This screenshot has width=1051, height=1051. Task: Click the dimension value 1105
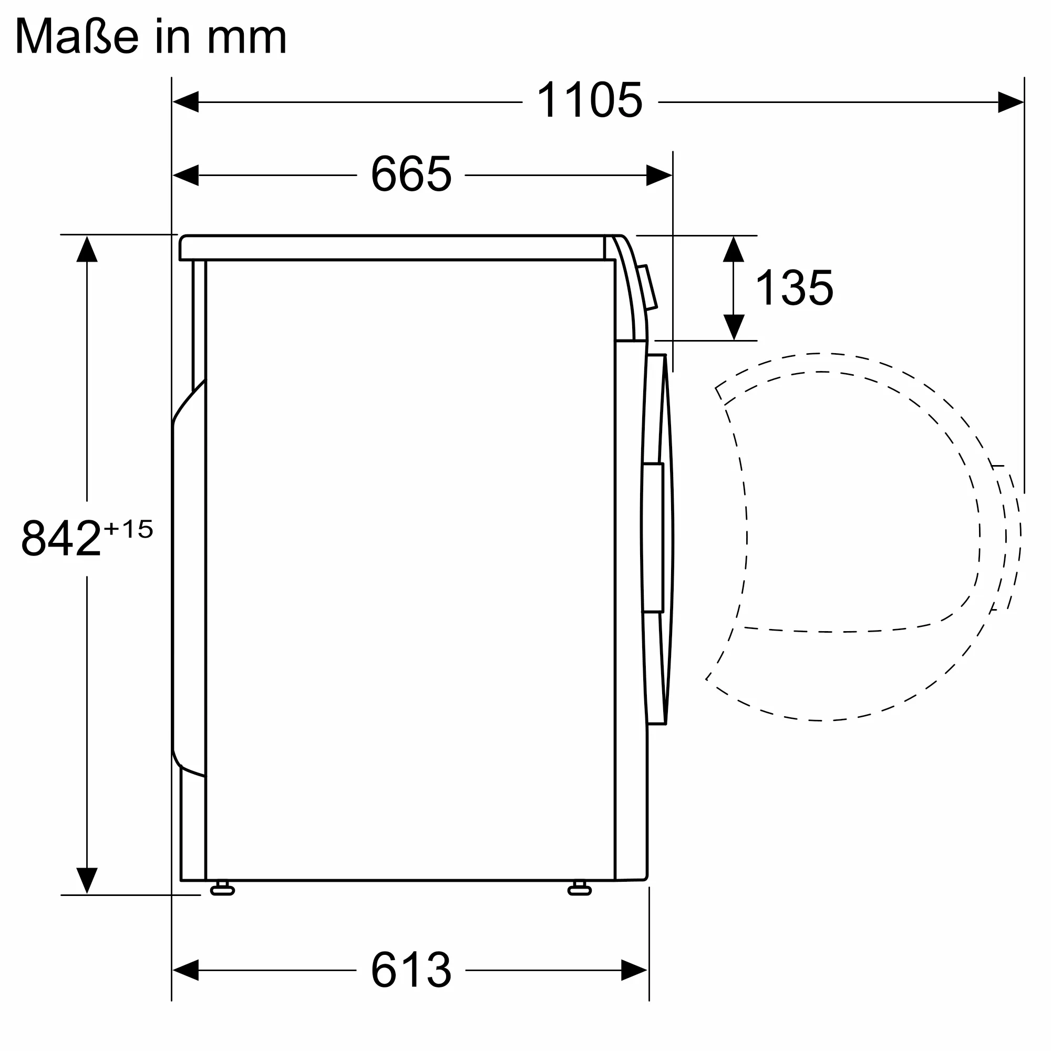pyautogui.click(x=590, y=101)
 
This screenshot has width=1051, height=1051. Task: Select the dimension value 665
pyautogui.click(x=411, y=174)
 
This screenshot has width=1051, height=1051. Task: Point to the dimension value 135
pyautogui.click(x=794, y=288)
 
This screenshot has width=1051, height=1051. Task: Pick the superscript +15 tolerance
pyautogui.click(x=128, y=529)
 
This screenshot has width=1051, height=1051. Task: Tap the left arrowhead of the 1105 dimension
pyautogui.click(x=186, y=102)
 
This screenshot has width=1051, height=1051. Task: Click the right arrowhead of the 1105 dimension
pyautogui.click(x=1010, y=102)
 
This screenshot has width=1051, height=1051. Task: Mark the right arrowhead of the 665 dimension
pyautogui.click(x=659, y=175)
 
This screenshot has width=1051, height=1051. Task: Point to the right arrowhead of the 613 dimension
pyautogui.click(x=634, y=970)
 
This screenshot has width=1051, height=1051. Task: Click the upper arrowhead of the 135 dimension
pyautogui.click(x=733, y=249)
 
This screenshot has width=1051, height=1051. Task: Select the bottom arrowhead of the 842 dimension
pyautogui.click(x=87, y=880)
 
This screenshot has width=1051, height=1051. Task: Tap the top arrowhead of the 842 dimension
pyautogui.click(x=87, y=249)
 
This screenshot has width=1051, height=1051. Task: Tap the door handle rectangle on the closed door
pyautogui.click(x=653, y=538)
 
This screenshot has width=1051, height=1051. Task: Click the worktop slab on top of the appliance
pyautogui.click(x=391, y=248)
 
